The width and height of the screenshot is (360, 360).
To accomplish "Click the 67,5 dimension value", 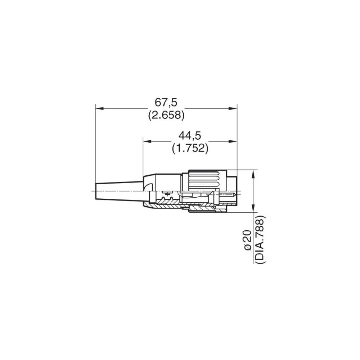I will (166, 102).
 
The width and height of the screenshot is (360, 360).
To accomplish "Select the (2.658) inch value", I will (166, 115).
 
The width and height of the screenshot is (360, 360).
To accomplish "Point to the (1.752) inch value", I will (190, 148).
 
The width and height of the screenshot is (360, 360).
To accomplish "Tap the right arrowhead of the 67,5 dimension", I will (234, 108).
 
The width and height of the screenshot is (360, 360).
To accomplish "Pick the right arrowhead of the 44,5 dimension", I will (234, 141).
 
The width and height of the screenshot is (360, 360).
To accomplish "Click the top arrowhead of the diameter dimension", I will (254, 173).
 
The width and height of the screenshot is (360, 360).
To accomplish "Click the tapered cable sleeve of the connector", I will (119, 189).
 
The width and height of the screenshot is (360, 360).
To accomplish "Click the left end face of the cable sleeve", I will (95, 191).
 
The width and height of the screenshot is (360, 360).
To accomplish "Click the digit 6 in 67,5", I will (159, 102).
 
